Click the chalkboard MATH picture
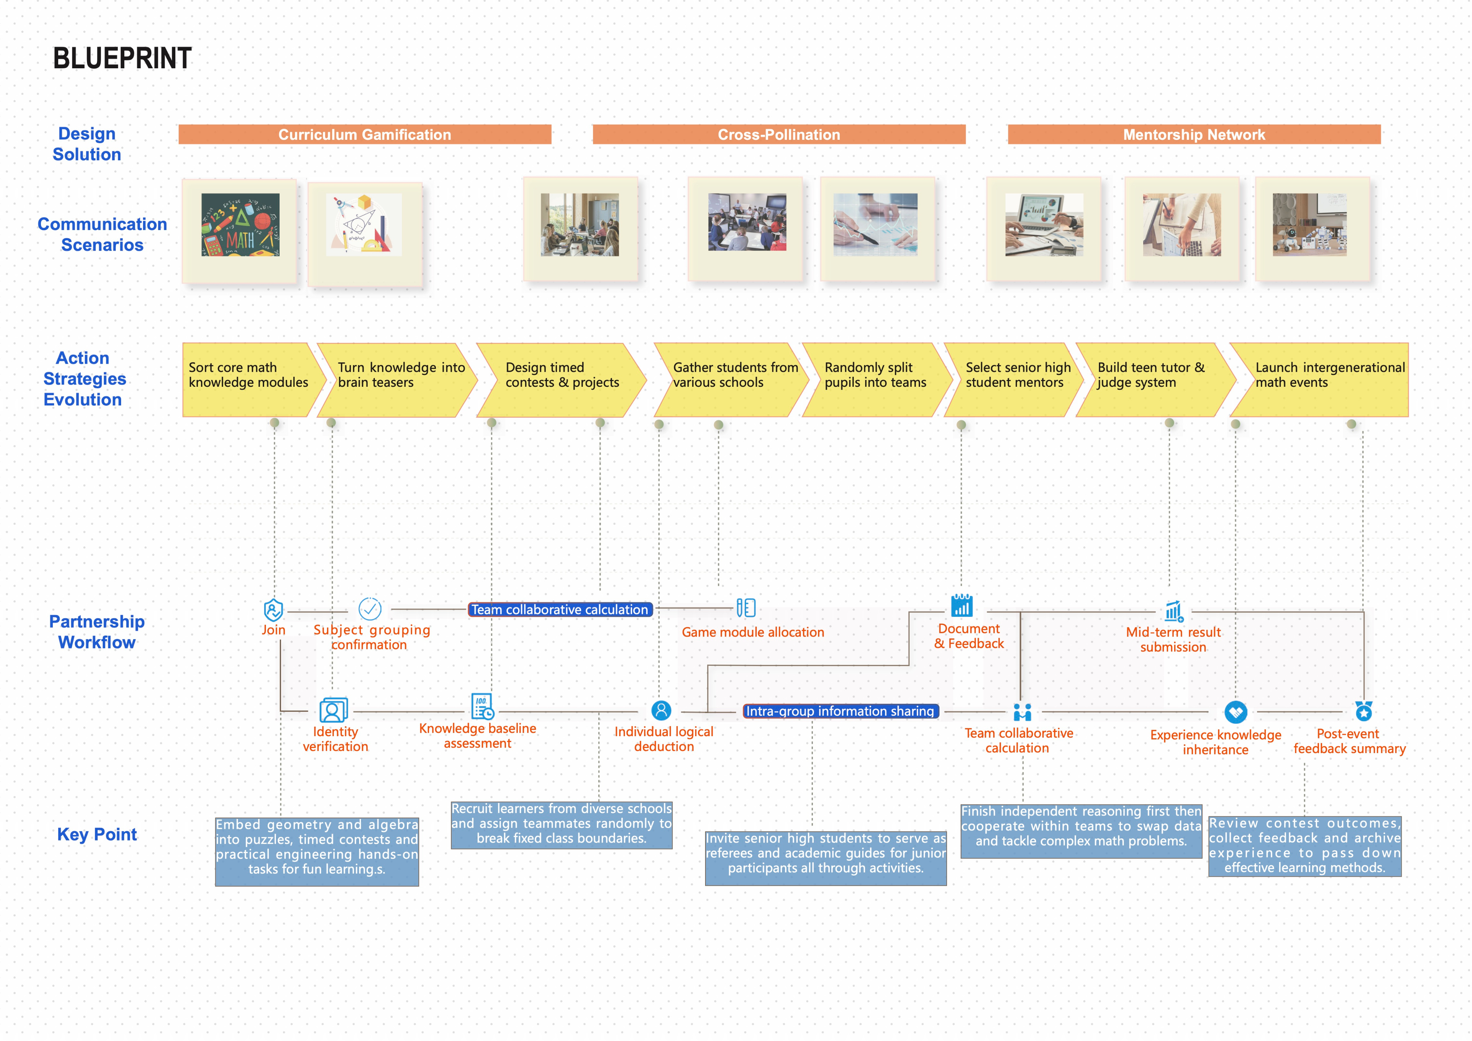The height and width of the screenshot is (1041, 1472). point(240,225)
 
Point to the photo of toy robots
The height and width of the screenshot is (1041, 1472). point(1310,225)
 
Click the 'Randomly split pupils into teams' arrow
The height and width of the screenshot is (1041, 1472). point(877,380)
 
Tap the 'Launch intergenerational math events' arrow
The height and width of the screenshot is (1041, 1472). point(1319,380)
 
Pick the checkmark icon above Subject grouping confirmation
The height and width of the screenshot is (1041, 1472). point(370,609)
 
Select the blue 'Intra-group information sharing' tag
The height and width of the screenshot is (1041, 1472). point(841,711)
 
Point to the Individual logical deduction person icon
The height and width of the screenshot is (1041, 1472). point(661,710)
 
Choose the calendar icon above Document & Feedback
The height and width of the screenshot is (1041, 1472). point(962,605)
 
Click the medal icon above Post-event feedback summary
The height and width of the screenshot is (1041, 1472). point(1364,711)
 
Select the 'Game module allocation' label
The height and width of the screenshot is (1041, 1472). point(753,632)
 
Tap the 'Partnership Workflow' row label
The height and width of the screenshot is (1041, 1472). point(97,632)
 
